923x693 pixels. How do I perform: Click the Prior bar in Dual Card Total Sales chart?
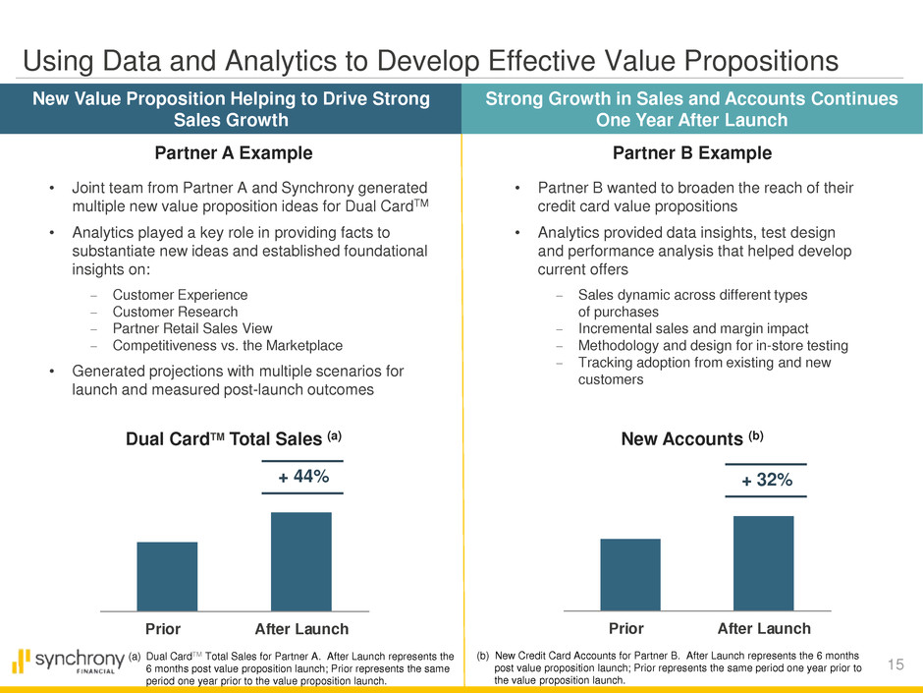(167, 576)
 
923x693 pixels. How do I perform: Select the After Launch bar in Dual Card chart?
(301, 561)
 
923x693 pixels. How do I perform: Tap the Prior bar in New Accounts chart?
(629, 574)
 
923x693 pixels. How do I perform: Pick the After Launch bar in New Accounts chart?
(763, 563)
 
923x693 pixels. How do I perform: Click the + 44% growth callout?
(302, 477)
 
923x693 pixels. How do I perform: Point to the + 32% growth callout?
(766, 480)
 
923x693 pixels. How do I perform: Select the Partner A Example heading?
(234, 153)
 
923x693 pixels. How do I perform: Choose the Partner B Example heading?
(692, 153)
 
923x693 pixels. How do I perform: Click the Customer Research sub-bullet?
(174, 312)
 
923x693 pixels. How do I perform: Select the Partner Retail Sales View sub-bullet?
(192, 328)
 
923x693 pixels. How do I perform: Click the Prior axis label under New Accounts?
(626, 628)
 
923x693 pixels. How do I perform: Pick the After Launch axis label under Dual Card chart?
(301, 628)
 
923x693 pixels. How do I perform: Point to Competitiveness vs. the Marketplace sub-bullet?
(228, 345)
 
